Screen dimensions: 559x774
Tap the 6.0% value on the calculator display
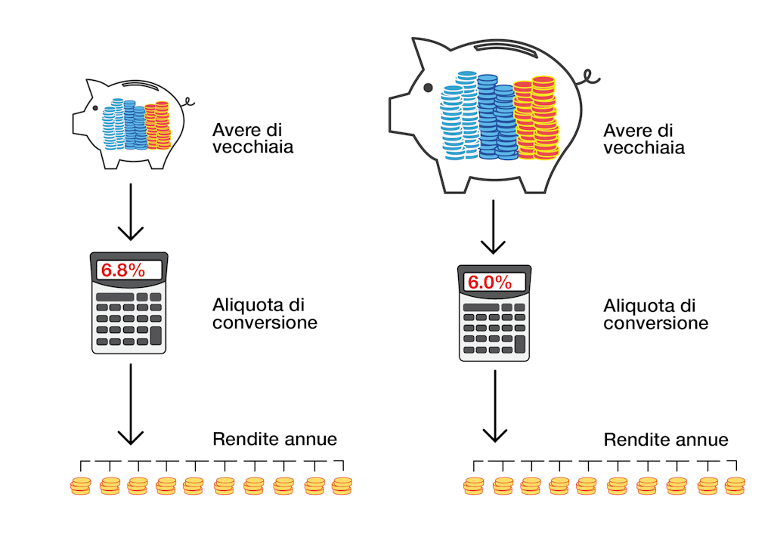(x=489, y=283)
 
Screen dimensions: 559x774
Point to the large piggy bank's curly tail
(x=590, y=77)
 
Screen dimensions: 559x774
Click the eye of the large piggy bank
(x=428, y=88)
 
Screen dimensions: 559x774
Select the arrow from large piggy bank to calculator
(x=493, y=227)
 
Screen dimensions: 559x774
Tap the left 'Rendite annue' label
(x=274, y=439)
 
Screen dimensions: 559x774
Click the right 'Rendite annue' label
(x=665, y=440)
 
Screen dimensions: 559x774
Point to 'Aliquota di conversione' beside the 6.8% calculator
(x=265, y=313)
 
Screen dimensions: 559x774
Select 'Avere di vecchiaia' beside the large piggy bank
(x=644, y=139)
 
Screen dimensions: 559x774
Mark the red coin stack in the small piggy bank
(x=158, y=125)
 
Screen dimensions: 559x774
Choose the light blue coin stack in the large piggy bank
(x=453, y=122)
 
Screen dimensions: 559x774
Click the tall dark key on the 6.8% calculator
(x=156, y=335)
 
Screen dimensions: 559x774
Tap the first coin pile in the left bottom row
(x=80, y=486)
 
